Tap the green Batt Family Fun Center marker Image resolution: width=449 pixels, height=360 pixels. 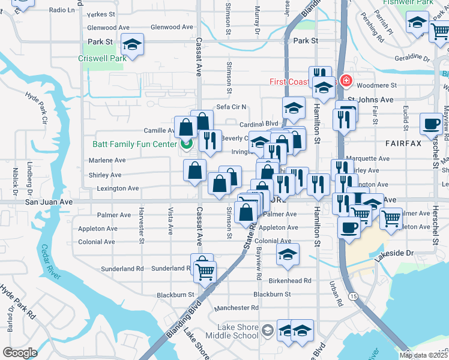(186, 144)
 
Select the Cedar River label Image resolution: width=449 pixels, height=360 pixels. (50, 262)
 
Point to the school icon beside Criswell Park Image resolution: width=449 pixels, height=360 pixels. (132, 45)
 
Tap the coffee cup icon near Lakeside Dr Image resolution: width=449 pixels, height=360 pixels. (349, 228)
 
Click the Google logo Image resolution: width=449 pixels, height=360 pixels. (20, 352)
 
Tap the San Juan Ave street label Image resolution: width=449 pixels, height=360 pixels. (49, 202)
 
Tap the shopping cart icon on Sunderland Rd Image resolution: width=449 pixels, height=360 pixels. (205, 272)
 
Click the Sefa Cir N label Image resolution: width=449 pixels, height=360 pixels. (231, 107)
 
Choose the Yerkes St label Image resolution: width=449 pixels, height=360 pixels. (100, 14)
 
